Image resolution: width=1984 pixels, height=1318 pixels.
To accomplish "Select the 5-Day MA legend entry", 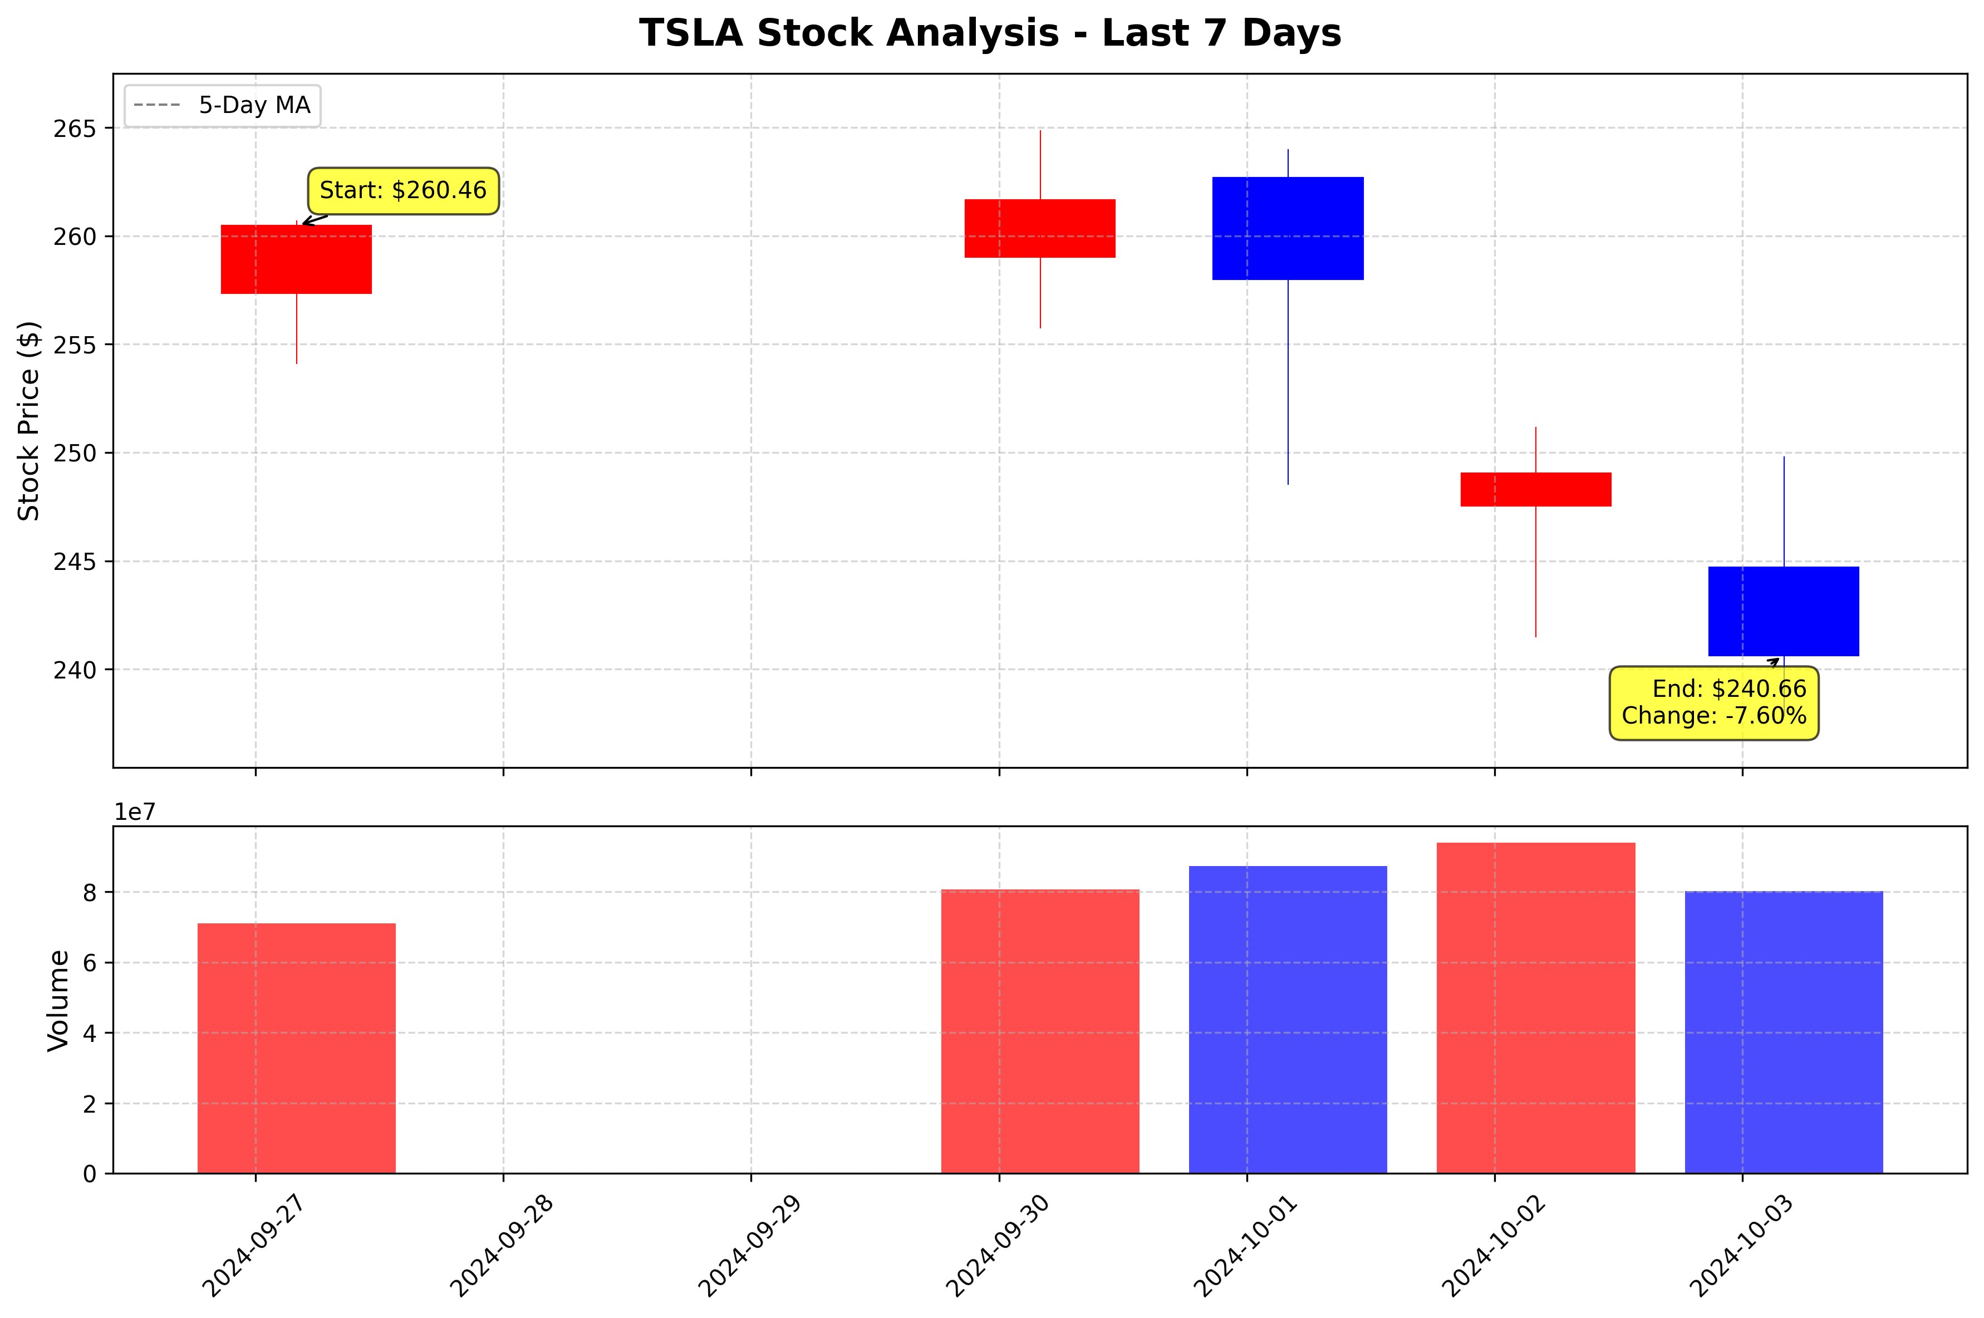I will pos(222,106).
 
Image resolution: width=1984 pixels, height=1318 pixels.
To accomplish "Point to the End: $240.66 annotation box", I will pos(1713,703).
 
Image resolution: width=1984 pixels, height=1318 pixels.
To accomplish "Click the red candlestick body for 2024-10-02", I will pos(1535,489).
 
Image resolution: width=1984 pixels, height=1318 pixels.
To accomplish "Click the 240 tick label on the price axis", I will pos(75,671).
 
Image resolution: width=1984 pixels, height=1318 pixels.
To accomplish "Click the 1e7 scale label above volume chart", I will pos(135,812).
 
